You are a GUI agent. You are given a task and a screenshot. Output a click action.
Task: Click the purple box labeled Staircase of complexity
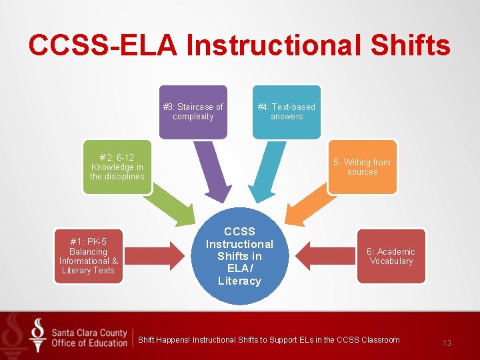click(x=193, y=111)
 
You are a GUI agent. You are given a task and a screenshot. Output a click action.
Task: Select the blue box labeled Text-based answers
click(x=287, y=111)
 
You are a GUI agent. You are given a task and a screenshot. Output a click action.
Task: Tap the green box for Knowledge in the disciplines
click(x=117, y=167)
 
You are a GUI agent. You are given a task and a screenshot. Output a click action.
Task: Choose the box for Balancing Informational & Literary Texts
click(x=88, y=256)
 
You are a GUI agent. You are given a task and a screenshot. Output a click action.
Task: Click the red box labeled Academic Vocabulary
click(x=391, y=256)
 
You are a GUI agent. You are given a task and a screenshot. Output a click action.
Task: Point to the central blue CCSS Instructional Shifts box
click(x=239, y=256)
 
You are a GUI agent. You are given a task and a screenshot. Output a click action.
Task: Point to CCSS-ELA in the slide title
click(x=103, y=45)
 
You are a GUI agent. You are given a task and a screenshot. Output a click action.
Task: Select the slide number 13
click(x=447, y=343)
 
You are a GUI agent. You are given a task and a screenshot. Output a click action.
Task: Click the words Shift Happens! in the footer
click(x=164, y=340)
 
